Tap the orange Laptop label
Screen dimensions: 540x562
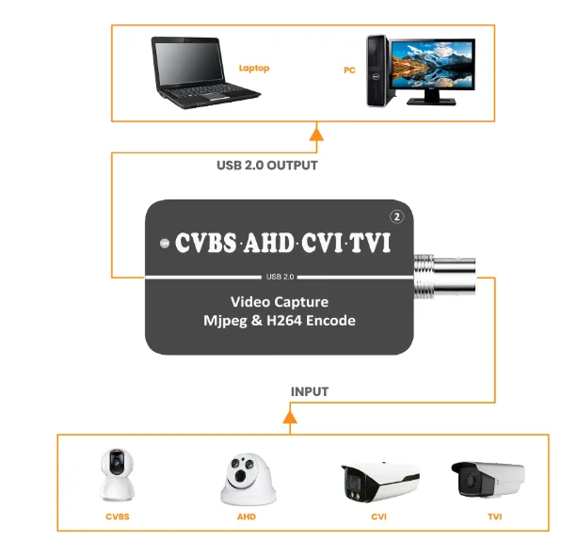tap(253, 68)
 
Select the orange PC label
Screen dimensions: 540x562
tap(348, 69)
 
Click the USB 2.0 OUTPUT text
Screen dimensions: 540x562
tap(266, 166)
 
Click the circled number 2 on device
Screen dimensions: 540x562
tap(398, 216)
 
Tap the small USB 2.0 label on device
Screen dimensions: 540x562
tap(281, 277)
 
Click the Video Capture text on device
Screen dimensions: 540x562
tap(280, 302)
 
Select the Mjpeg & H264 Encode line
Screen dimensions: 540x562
tap(281, 321)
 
